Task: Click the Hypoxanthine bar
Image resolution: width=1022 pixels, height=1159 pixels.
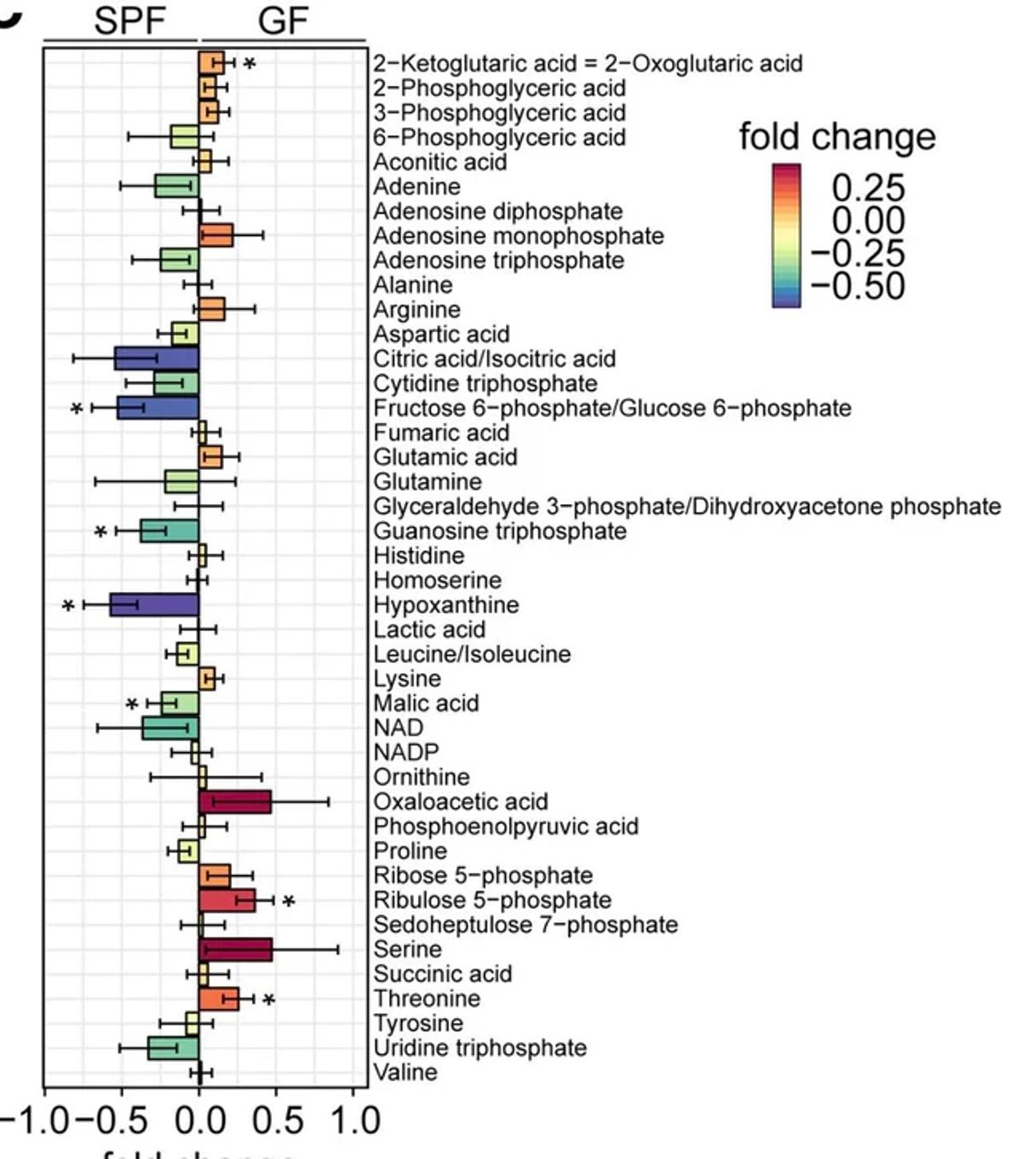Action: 154,605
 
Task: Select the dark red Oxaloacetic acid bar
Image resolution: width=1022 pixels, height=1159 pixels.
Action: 235,801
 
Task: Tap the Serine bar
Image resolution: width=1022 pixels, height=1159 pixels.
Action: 236,950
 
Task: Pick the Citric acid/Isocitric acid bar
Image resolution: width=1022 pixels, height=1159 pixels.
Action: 157,359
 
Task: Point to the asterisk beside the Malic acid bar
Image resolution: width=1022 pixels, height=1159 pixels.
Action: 131,706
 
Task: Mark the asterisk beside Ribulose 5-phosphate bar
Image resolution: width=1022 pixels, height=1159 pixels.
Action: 289,903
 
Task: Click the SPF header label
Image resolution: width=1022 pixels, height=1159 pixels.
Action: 129,20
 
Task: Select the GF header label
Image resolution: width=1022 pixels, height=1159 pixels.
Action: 282,20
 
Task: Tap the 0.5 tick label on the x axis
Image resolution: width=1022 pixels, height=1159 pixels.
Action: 278,1121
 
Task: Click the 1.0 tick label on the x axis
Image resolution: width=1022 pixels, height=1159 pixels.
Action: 353,1121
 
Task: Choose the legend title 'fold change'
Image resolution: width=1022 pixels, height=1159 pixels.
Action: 836,136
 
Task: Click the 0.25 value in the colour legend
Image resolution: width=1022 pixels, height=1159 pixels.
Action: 867,188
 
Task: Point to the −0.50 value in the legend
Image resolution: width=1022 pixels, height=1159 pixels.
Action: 857,286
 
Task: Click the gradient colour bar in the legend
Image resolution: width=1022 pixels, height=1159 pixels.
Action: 786,235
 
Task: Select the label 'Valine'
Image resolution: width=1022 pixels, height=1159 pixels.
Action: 405,1072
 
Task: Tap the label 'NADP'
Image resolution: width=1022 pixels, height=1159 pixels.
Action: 406,753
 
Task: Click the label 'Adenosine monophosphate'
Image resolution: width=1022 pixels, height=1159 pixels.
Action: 518,236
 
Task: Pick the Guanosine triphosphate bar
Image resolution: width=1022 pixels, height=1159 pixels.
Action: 169,531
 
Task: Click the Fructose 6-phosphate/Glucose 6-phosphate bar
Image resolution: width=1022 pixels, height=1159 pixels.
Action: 158,408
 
